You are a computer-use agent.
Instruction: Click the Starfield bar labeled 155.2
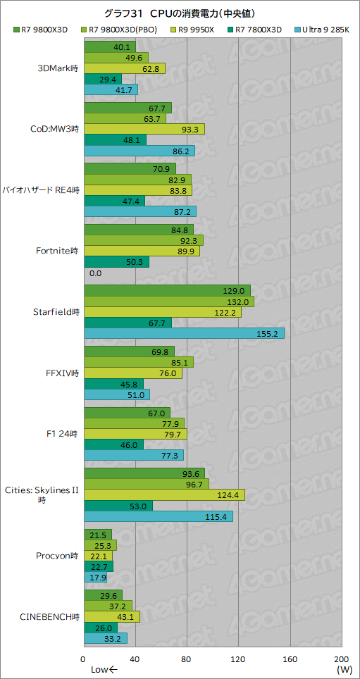click(184, 333)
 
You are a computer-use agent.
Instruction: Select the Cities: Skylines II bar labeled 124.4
click(164, 494)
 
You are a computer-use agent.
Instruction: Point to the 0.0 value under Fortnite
click(96, 273)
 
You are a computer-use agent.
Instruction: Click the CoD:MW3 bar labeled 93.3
click(144, 129)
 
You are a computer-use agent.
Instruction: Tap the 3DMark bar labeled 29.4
click(103, 80)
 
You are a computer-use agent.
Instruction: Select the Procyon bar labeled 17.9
click(95, 578)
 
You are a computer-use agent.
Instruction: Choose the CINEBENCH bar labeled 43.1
click(111, 617)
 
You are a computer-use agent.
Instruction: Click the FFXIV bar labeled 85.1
click(138, 363)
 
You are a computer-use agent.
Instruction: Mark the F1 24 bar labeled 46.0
click(113, 445)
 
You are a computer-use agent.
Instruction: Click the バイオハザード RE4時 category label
click(41, 190)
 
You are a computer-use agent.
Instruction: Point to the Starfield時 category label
click(56, 311)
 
